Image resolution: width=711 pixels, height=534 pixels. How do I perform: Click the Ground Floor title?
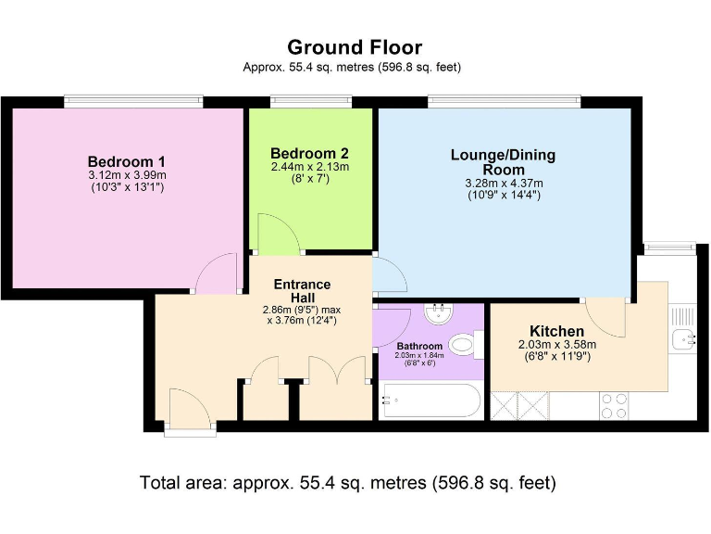(355, 47)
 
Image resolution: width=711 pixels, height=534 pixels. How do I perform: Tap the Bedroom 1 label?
(127, 160)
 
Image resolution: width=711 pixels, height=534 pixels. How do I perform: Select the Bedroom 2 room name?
(309, 153)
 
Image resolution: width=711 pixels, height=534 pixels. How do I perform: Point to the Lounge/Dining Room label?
(503, 162)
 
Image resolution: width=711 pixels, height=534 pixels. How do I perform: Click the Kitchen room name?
(556, 331)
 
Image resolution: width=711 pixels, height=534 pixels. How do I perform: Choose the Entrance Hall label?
(302, 290)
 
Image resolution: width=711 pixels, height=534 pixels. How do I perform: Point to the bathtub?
(430, 400)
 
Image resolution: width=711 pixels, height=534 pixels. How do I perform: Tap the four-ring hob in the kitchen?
(615, 404)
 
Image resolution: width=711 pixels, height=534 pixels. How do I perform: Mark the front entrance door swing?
(188, 409)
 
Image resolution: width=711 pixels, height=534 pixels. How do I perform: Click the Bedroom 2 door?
(277, 234)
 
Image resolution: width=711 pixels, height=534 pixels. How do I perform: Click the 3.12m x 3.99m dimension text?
(127, 175)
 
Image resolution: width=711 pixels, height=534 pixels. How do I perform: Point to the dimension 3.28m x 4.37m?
(503, 184)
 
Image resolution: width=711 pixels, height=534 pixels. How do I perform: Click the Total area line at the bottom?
(347, 482)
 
